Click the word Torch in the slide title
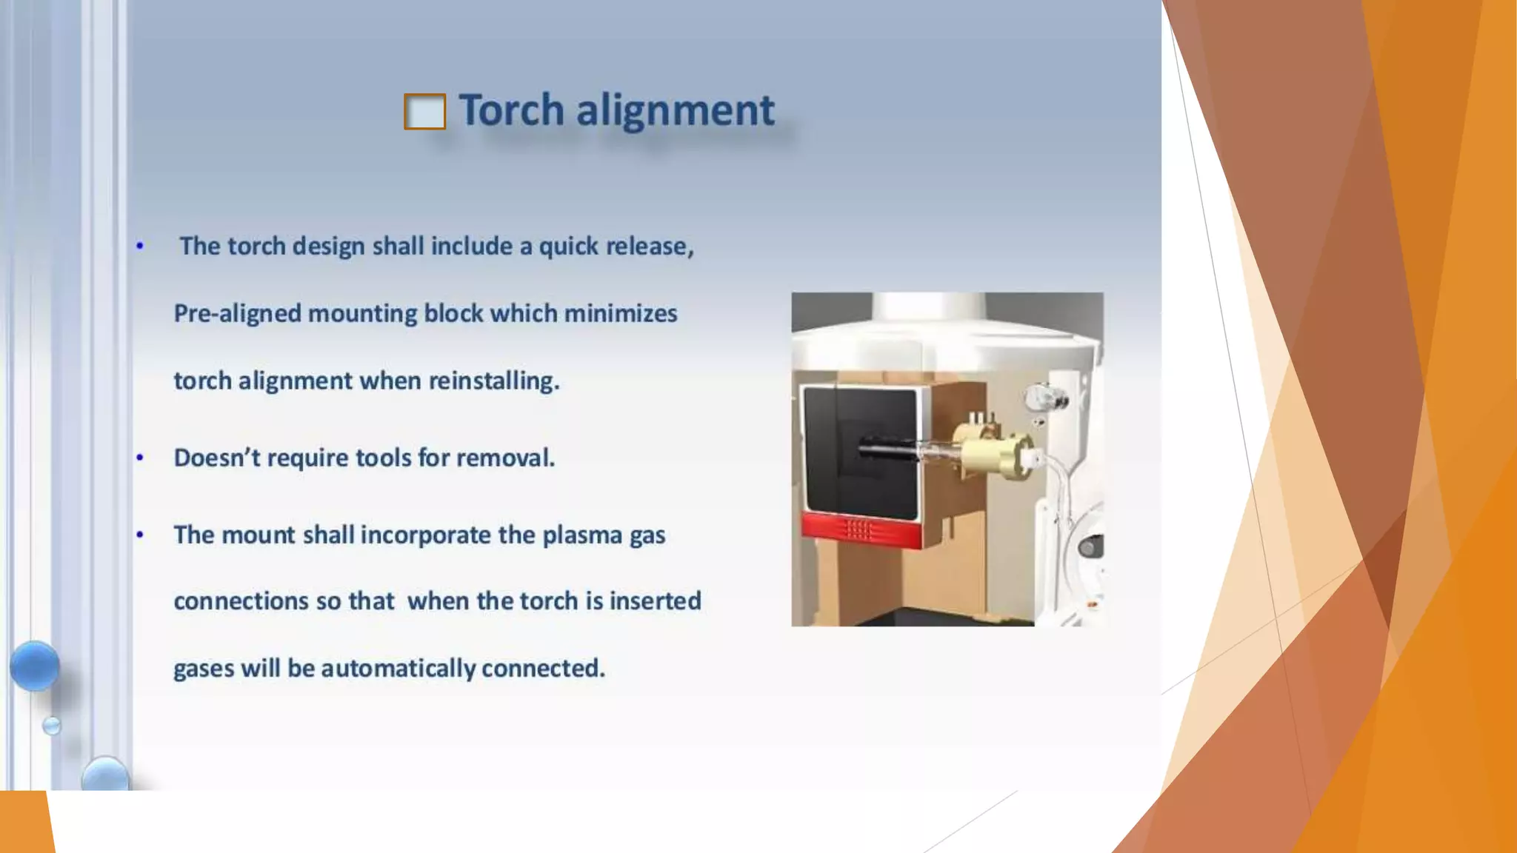(x=511, y=110)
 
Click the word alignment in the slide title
(x=675, y=110)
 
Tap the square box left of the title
(x=424, y=112)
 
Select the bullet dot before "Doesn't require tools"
(x=140, y=458)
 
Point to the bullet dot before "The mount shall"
(x=140, y=535)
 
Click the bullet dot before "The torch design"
(x=140, y=246)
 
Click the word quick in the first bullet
(x=569, y=247)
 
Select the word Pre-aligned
(x=237, y=314)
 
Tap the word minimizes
(x=620, y=314)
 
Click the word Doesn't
(x=216, y=458)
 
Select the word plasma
(x=581, y=535)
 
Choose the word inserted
(x=655, y=601)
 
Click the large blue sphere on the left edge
(x=35, y=666)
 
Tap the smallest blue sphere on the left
(x=52, y=726)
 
